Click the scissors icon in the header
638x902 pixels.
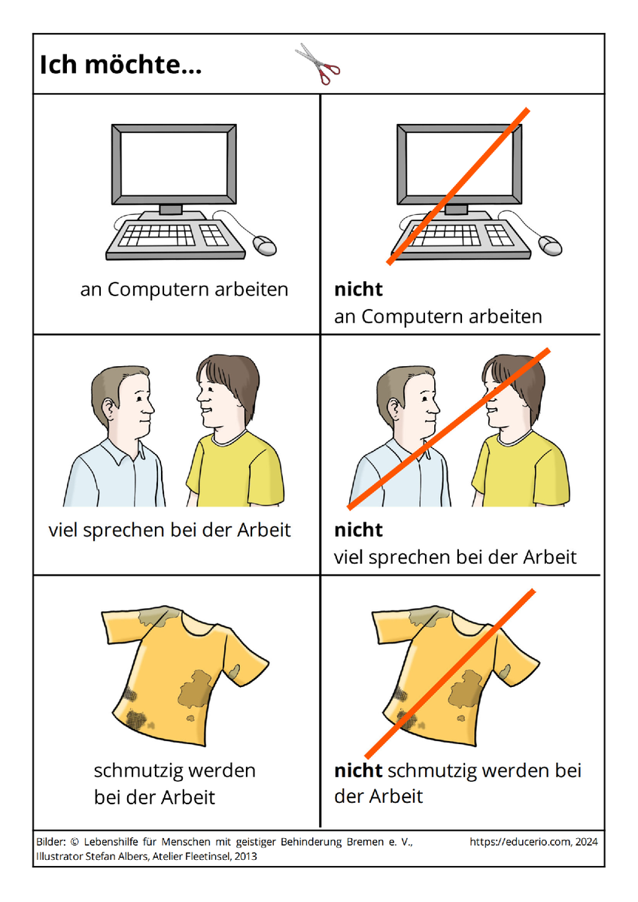(318, 64)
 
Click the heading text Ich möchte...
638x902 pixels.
(120, 65)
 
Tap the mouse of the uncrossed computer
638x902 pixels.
(265, 245)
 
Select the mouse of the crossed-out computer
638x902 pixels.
(551, 245)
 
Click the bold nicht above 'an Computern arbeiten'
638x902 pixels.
(358, 289)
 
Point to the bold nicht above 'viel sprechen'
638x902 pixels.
(358, 529)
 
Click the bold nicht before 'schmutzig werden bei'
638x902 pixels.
(358, 770)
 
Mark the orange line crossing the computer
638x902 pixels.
(458, 186)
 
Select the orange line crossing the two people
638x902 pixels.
(448, 429)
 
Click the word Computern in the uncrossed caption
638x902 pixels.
(159, 289)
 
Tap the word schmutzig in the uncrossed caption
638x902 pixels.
(138, 771)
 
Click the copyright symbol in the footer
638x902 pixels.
(74, 842)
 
